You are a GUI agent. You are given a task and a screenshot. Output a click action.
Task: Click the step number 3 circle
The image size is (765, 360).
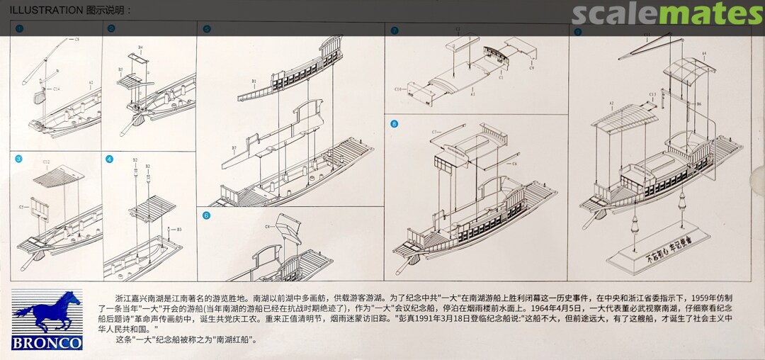coord(19,159)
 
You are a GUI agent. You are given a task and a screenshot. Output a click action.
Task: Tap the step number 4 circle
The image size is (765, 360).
coord(110,159)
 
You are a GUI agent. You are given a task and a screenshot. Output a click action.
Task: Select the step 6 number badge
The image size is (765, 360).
coord(207,215)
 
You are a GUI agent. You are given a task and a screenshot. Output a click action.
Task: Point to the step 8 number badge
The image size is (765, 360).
coord(395,123)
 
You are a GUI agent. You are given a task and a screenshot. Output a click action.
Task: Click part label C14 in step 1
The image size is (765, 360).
coord(55,89)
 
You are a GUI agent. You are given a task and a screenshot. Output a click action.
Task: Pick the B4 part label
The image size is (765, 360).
coord(140,47)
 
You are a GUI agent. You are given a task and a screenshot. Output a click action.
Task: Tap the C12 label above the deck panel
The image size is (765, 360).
coord(46,162)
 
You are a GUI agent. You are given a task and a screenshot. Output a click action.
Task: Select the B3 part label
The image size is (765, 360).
coord(178,230)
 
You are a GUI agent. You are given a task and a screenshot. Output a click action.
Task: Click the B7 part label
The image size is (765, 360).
coord(234,147)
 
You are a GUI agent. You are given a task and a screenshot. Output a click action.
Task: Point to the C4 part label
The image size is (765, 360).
coord(268,227)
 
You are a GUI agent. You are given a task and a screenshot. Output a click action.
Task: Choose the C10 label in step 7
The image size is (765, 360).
coord(398,90)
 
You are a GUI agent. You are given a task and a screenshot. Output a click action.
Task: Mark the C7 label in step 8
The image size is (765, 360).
coord(435,133)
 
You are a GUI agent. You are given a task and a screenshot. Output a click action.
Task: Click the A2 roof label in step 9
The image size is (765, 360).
coord(611,104)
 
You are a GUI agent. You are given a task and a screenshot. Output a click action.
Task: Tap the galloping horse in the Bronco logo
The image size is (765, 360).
coord(47,310)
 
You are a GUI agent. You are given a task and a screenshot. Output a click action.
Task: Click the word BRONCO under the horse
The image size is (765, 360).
coord(47,343)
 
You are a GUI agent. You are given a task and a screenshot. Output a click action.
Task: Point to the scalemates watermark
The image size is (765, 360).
coord(667,13)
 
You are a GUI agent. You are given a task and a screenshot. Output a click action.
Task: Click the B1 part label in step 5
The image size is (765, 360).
coord(254,81)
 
